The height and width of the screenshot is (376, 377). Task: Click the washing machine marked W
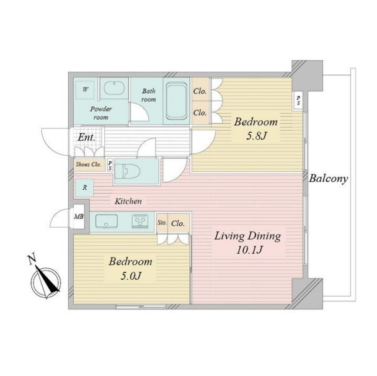coord(85,90)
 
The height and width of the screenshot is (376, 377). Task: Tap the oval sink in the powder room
coord(113,88)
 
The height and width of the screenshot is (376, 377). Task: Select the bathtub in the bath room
coord(177,101)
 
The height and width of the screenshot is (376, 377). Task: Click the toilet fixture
coord(128,171)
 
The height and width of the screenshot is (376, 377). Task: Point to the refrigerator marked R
coord(84,188)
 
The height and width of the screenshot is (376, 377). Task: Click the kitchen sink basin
coord(107,221)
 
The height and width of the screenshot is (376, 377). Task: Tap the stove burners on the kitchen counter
coord(140,221)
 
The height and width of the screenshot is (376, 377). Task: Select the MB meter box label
coord(79,217)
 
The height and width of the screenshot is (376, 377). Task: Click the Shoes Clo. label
coord(89,164)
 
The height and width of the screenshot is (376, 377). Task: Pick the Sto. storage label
coord(162,223)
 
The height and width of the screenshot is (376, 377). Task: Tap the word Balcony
coord(329,179)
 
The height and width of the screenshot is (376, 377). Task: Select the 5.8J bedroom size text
coord(256,136)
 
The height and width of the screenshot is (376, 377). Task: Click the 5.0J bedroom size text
coord(131,275)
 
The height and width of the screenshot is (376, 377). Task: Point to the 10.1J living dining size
coord(249,250)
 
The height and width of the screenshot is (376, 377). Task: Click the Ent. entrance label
coord(86,138)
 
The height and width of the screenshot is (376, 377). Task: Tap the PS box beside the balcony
coord(298,101)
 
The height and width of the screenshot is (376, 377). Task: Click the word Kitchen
coord(128,201)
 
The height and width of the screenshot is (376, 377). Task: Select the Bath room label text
coord(148,95)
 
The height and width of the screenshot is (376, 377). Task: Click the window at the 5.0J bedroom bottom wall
coord(141,307)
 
